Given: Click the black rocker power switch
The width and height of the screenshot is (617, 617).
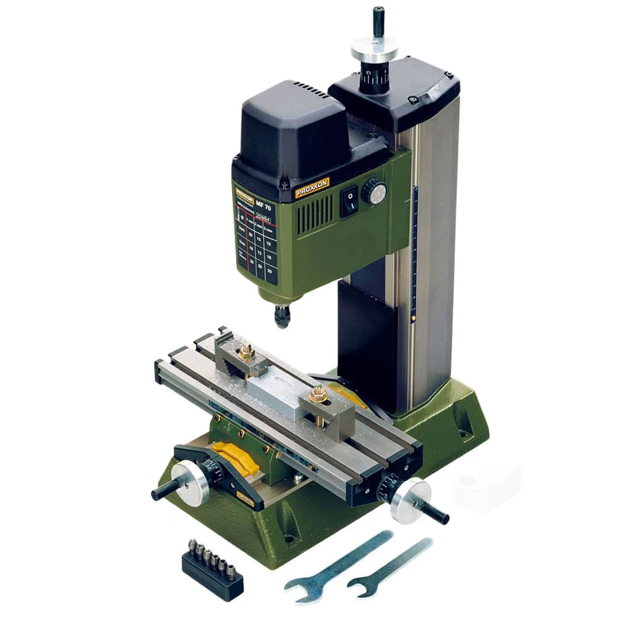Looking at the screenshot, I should pos(350,201).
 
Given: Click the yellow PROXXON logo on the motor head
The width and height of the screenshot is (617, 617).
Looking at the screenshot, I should pos(312,187).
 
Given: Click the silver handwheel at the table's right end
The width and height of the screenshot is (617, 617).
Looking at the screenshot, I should pos(412,500).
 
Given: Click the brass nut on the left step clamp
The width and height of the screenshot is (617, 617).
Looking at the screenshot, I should pos(247,353).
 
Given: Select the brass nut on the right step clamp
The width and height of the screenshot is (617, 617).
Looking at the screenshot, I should pos(318,394).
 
